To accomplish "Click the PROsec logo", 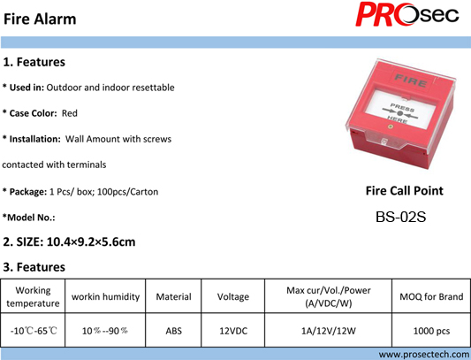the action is coord(407,14).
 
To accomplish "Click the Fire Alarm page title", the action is coord(40,19).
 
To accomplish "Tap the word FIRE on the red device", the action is coord(411,80).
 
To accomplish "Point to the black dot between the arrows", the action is coord(399,113).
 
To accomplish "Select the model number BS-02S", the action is coord(400,217).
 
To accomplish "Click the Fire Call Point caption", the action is coord(405,191).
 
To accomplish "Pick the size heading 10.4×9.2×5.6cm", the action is coord(91,241).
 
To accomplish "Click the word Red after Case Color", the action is coord(70,113).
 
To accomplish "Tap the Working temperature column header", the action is coord(33,296).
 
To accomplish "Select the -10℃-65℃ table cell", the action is coord(34,331).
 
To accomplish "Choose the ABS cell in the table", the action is coord(173,331).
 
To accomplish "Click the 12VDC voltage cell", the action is coord(233,331).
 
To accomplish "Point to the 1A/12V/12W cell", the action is coord(329,331).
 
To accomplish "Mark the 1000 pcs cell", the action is coord(431,331).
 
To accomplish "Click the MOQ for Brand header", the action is coord(431,297).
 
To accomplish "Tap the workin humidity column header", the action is coord(105,297).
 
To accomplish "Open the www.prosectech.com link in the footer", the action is coord(424,355).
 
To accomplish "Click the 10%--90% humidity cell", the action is coord(105,331).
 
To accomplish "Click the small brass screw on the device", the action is coord(391,126).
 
